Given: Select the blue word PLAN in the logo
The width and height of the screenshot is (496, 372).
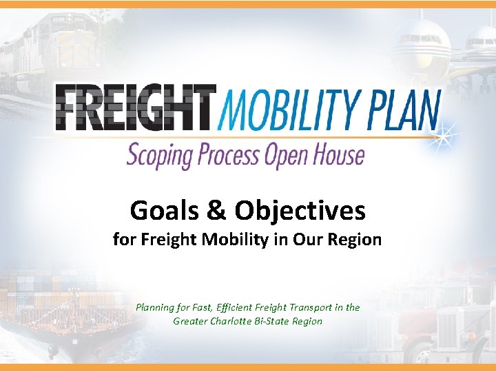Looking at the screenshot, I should (x=402, y=109).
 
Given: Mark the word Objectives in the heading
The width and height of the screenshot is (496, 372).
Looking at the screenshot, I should (x=300, y=210).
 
